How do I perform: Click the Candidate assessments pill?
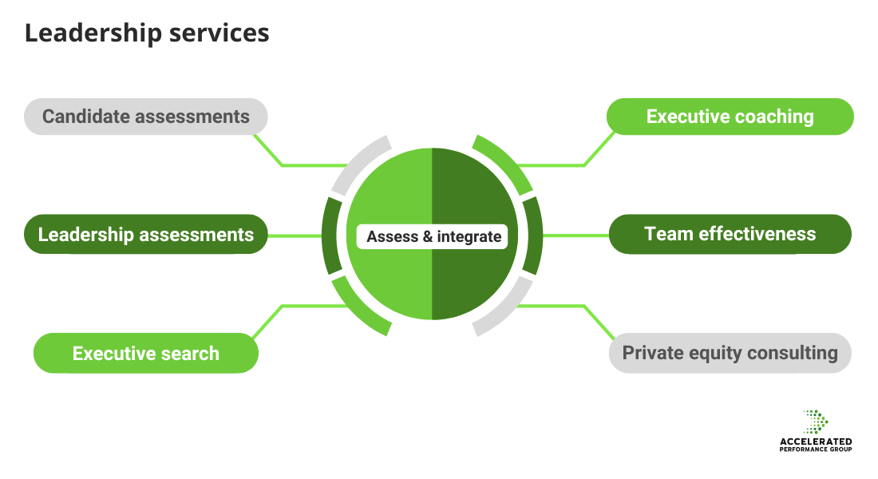click(145, 117)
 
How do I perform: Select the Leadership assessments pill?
click(145, 235)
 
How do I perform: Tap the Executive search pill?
click(145, 353)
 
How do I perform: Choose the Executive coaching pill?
click(730, 117)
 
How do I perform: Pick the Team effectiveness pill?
click(730, 235)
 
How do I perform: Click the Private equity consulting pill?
click(730, 353)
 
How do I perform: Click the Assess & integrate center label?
click(433, 236)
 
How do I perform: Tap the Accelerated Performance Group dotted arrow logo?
click(816, 422)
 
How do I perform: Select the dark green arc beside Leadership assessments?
click(329, 236)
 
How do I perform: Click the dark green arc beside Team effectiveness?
click(534, 236)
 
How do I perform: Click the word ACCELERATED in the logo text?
click(815, 441)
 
